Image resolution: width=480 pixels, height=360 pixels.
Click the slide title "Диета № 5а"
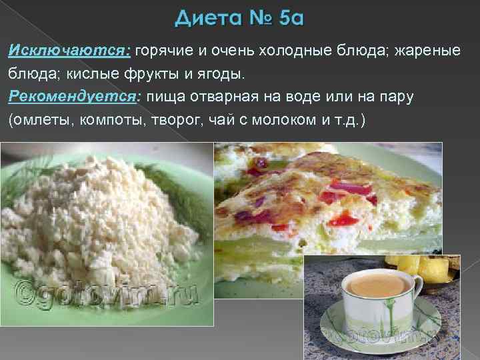pyautogui.click(x=239, y=19)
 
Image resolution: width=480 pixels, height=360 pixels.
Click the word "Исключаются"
pyautogui.click(x=69, y=51)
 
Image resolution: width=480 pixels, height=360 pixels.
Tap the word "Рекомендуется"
pyautogui.click(x=72, y=97)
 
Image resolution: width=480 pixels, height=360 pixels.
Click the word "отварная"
pyautogui.click(x=227, y=97)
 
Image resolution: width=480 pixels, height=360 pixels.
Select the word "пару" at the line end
pyautogui.click(x=397, y=97)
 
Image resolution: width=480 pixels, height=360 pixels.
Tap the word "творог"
pyautogui.click(x=177, y=121)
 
